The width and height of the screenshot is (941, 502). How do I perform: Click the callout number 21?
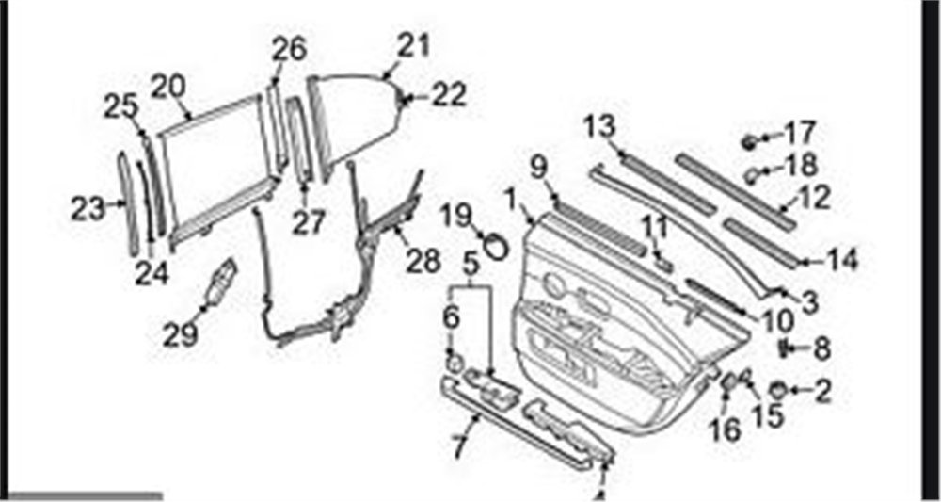coord(413,47)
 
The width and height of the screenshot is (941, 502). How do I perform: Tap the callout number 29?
coord(180,333)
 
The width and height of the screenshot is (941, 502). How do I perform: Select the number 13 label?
coord(599,127)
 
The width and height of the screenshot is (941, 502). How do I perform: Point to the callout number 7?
coord(459,446)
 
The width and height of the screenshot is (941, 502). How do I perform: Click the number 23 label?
coord(88,210)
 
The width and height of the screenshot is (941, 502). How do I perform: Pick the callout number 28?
coord(423,261)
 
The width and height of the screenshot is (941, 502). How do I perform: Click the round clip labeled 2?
coord(777,390)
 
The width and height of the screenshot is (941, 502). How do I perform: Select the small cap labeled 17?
coord(748,142)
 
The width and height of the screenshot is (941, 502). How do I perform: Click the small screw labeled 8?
coord(784,348)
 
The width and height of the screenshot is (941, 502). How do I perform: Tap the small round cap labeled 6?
coord(455,363)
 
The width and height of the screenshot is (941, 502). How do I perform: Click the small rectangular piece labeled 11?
coord(662,264)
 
